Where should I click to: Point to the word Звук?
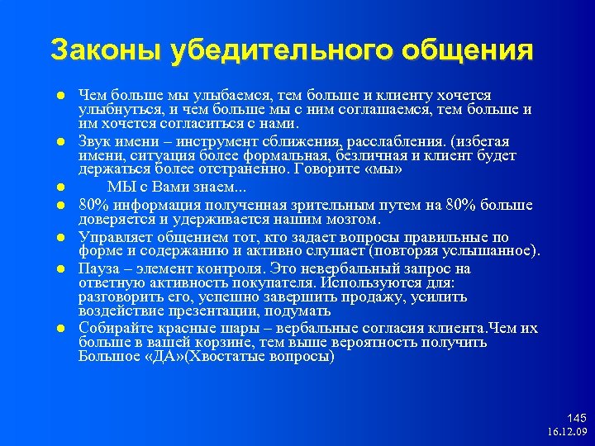94,142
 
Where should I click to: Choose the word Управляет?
110,237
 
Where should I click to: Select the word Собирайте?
112,329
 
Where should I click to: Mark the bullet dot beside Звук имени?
61,142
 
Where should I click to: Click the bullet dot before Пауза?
61,268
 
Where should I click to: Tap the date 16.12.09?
566,432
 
